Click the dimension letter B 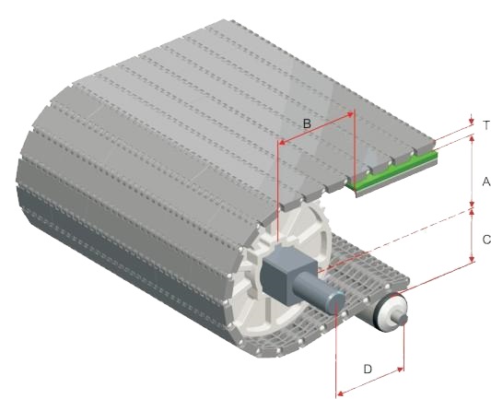coord(307,123)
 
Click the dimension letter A coord(486,182)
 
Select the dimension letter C coord(486,240)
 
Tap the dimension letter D coord(368,370)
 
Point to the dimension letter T coord(486,125)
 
